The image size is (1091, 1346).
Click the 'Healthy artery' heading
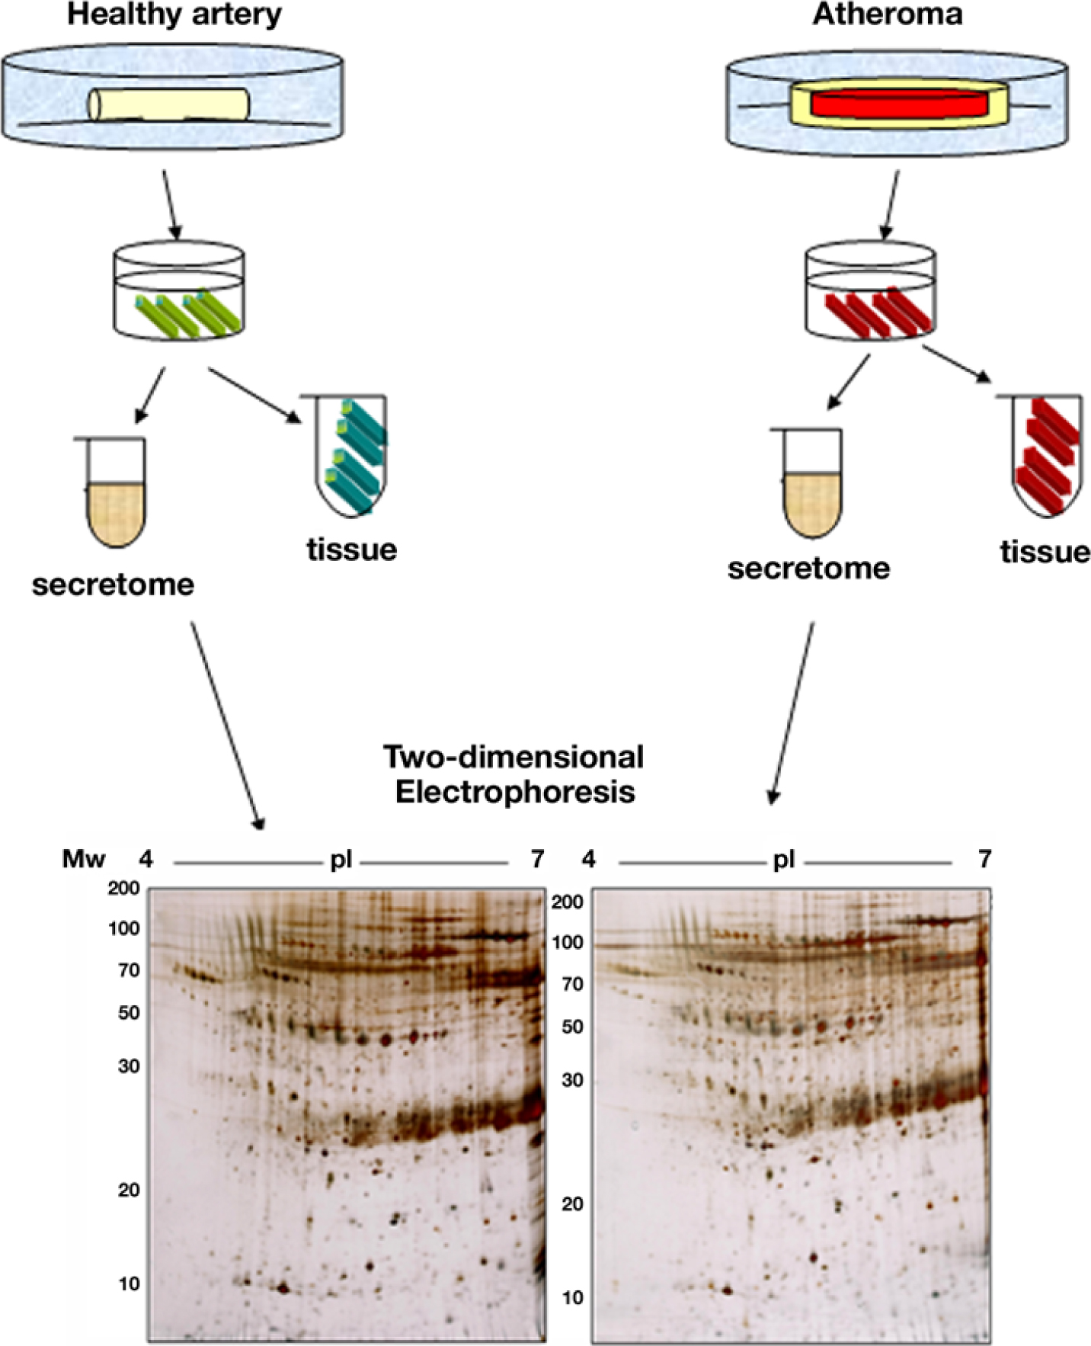pyautogui.click(x=174, y=14)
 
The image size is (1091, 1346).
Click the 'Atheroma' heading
pyautogui.click(x=888, y=14)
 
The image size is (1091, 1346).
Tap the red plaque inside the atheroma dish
pyautogui.click(x=901, y=104)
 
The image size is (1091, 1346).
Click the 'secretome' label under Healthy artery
pyautogui.click(x=113, y=585)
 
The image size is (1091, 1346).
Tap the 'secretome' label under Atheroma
pyautogui.click(x=808, y=568)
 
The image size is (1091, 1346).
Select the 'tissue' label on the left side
pyautogui.click(x=351, y=549)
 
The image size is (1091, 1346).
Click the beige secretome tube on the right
pyautogui.click(x=812, y=495)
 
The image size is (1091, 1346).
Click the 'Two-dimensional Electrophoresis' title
pyautogui.click(x=514, y=774)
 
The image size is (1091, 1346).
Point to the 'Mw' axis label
pyautogui.click(x=83, y=860)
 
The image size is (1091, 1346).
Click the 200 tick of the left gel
pyautogui.click(x=123, y=888)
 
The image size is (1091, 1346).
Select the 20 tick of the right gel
pyautogui.click(x=571, y=1203)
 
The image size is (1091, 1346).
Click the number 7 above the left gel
pyautogui.click(x=537, y=860)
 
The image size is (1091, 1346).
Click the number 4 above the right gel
pyautogui.click(x=588, y=860)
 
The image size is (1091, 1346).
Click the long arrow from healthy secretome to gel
pyautogui.click(x=226, y=724)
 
